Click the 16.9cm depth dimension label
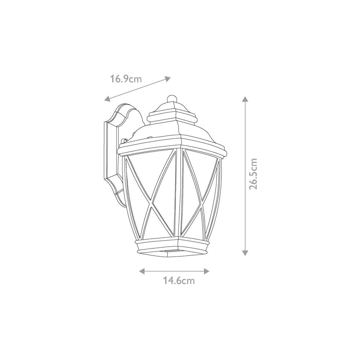tap(126, 79)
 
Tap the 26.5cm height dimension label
tap(253, 174)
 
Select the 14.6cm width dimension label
tap(179, 286)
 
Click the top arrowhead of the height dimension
tap(245, 99)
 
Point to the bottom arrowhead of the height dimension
tap(245, 253)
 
